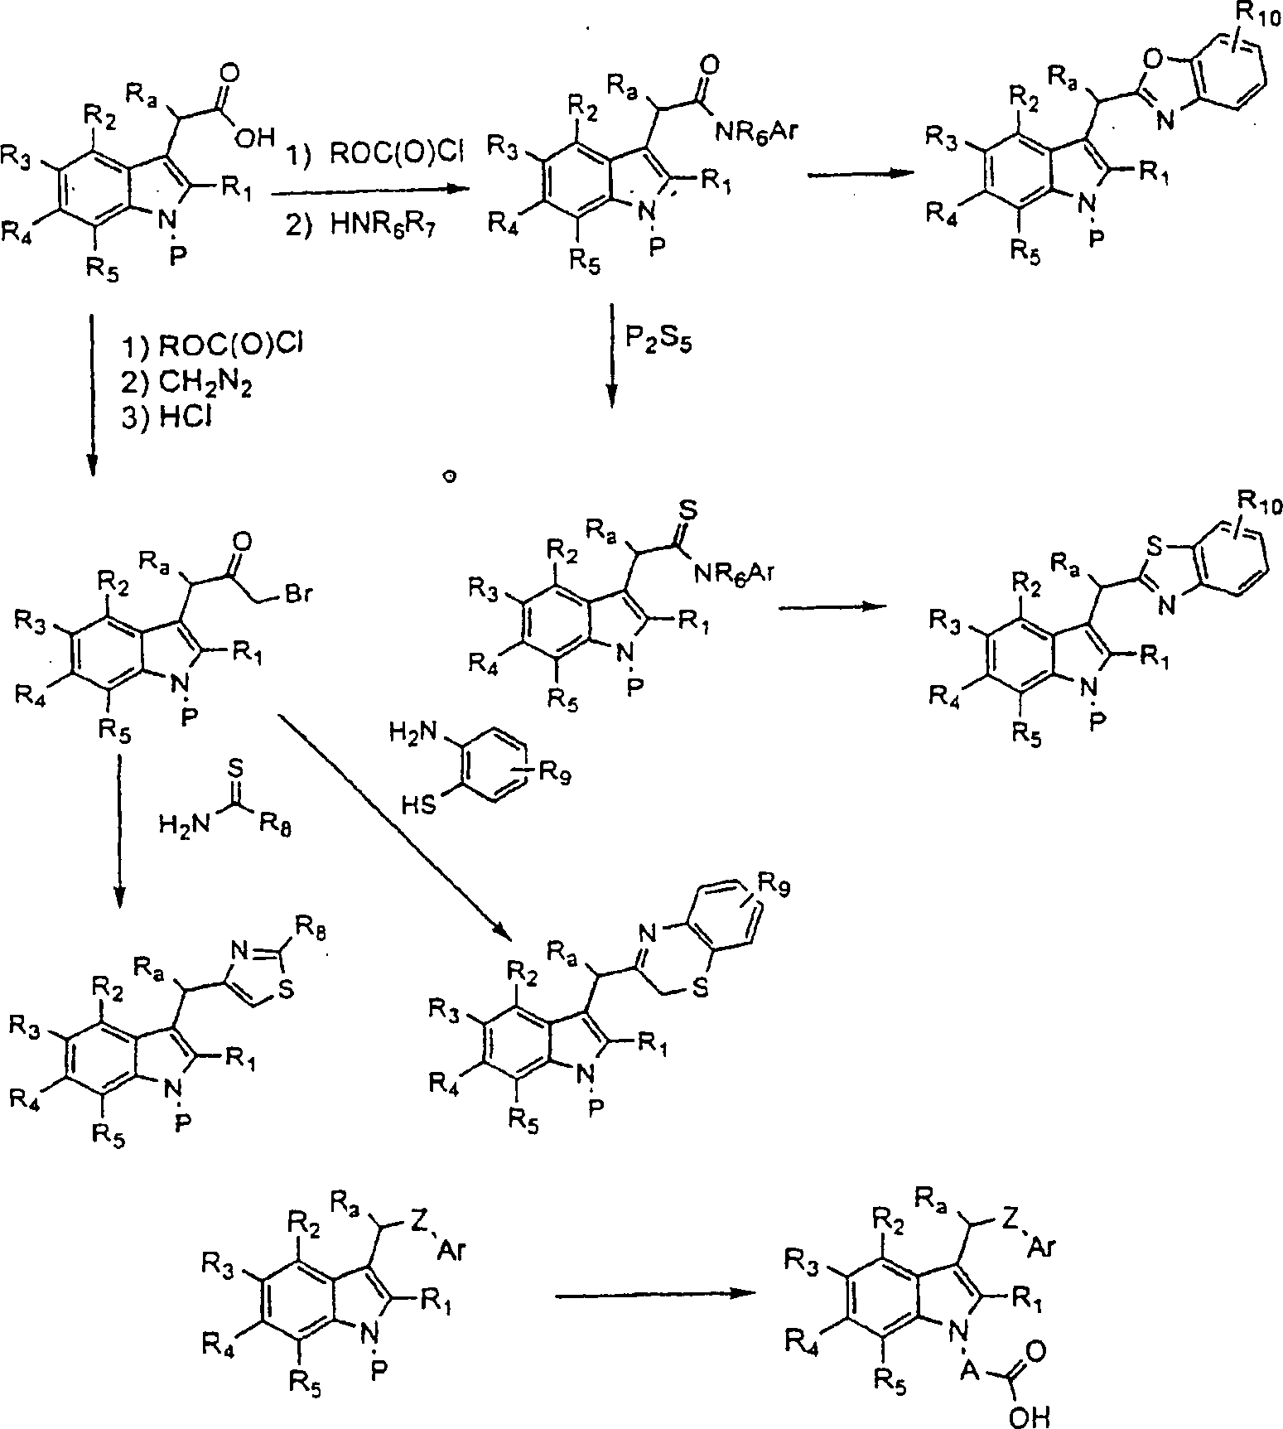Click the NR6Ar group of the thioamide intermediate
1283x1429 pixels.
[735, 571]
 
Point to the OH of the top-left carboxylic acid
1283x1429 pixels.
[253, 140]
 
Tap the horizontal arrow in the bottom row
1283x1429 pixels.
[654, 1296]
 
